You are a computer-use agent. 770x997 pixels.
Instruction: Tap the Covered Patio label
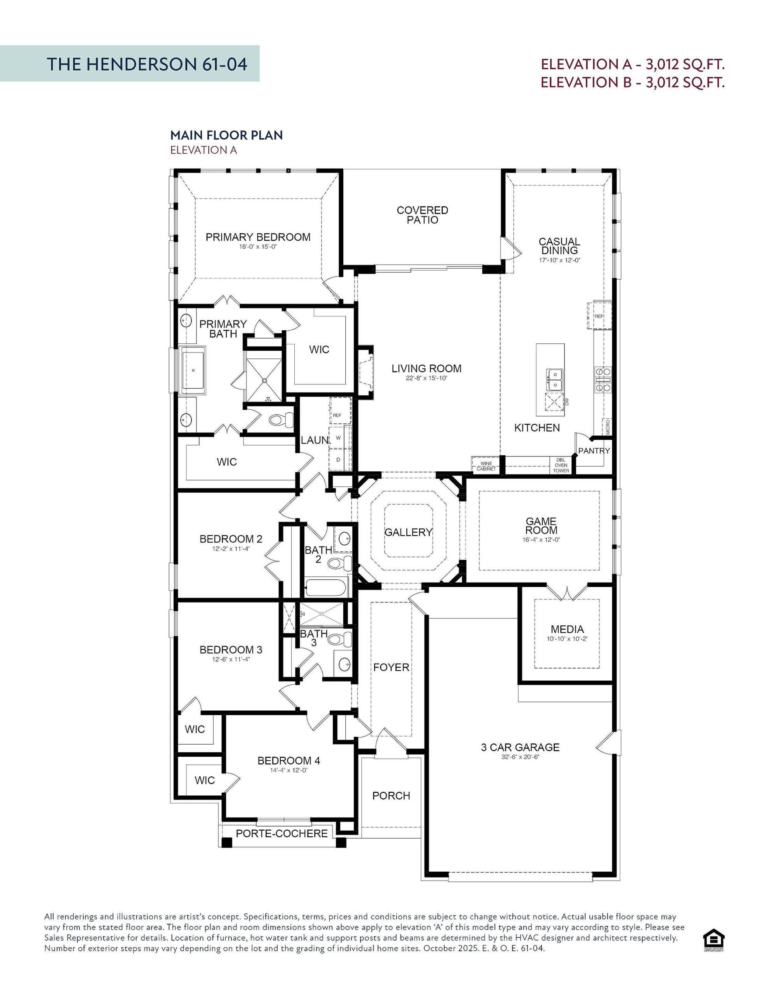422,215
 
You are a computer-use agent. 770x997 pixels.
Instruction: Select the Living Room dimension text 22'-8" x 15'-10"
426,379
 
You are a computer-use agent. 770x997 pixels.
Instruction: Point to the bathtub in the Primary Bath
193,370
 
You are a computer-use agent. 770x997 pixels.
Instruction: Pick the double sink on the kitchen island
554,379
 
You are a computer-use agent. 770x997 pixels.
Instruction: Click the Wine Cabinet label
486,466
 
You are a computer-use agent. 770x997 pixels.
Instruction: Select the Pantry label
593,451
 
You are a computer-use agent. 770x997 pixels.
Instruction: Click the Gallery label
408,532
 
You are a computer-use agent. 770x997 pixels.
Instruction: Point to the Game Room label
541,525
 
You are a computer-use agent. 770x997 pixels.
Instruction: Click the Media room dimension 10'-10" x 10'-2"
567,639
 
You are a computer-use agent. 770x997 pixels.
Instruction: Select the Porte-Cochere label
281,833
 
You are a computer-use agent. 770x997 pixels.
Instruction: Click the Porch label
391,796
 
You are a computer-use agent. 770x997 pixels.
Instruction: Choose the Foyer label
391,668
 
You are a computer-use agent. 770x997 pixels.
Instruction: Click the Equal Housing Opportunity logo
714,941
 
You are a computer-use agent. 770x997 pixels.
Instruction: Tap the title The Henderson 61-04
147,64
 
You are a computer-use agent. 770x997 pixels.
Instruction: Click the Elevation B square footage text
632,83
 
